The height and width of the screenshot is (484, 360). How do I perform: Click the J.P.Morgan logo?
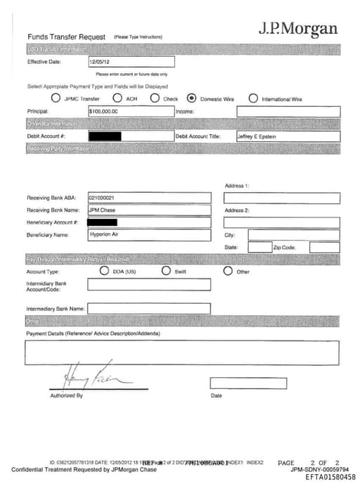[x=297, y=29]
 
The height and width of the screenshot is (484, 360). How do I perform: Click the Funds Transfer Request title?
[x=66, y=37]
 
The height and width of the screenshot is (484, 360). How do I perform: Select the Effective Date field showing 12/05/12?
[x=130, y=62]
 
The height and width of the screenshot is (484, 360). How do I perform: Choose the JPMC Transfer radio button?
[x=56, y=98]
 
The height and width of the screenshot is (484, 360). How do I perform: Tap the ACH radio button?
[x=118, y=98]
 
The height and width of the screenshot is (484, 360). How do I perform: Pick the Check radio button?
[x=155, y=98]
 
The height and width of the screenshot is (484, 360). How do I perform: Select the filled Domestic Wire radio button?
[x=191, y=98]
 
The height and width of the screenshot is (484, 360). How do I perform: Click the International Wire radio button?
[x=252, y=98]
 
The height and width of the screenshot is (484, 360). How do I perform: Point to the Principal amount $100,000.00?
[x=130, y=111]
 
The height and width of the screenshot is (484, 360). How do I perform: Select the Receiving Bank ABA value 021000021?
[x=149, y=198]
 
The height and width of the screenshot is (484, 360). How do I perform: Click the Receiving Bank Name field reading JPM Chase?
[x=149, y=210]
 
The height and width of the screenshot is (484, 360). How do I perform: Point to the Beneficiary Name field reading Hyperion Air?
[x=149, y=235]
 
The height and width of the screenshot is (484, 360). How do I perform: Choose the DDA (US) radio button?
[x=104, y=271]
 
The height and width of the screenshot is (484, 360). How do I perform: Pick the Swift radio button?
[x=166, y=271]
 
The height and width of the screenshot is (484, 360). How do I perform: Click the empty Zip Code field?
[x=324, y=248]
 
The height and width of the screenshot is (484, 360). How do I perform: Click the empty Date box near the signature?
[x=247, y=383]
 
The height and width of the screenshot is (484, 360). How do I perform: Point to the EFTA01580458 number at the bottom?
[x=330, y=477]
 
